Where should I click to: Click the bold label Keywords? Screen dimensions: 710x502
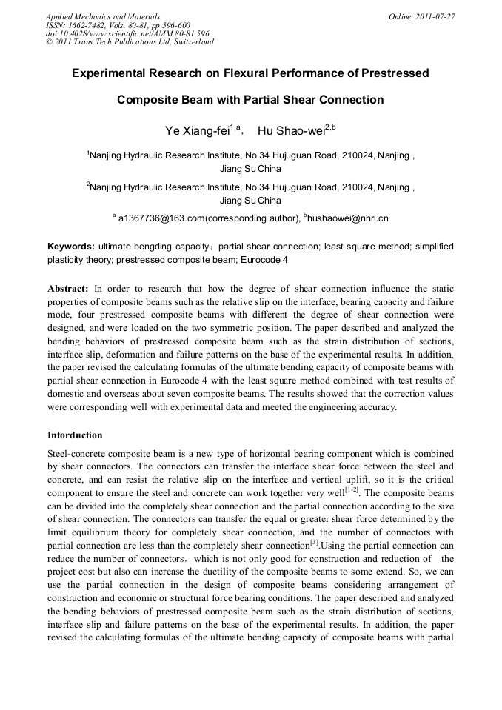[x=71, y=246]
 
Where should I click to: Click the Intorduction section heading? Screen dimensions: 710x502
[x=75, y=435]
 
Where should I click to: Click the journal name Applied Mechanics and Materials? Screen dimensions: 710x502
[x=103, y=16]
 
